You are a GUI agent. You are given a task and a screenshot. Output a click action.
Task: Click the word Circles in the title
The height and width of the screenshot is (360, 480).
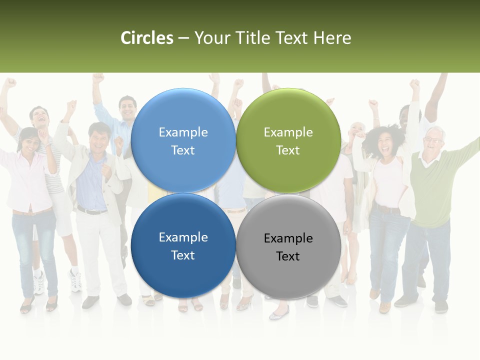pyautogui.click(x=147, y=38)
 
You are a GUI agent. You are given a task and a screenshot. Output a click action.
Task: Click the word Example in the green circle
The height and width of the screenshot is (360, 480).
pyautogui.click(x=288, y=132)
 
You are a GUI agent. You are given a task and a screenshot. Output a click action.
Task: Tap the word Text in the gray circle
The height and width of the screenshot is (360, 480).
pyautogui.click(x=288, y=256)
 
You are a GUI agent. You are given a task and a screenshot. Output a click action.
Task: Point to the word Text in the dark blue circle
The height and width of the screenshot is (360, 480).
pyautogui.click(x=183, y=255)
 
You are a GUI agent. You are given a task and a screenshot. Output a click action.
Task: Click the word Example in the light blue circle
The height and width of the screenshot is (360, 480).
pyautogui.click(x=183, y=132)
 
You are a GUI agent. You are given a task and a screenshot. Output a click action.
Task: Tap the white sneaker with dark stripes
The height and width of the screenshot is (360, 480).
pyautogui.click(x=75, y=280)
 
